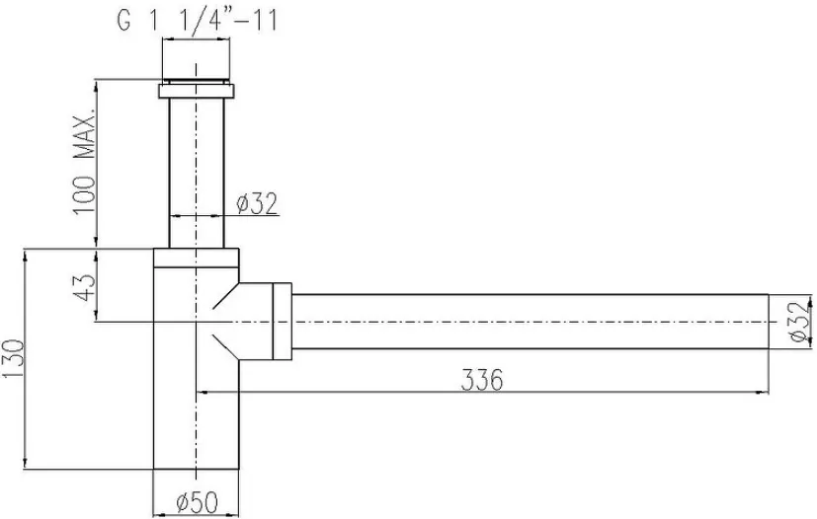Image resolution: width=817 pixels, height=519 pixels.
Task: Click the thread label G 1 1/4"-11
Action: (198, 21)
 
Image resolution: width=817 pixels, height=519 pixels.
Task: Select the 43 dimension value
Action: (84, 287)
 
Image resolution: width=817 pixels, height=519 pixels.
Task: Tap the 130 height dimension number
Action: (13, 359)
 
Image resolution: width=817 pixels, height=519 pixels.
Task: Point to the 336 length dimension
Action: (482, 380)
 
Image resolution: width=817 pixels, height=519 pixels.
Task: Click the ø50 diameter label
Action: (197, 502)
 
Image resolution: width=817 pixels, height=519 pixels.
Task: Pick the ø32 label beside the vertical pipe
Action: (257, 203)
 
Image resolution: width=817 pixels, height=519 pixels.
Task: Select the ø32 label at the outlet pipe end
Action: (801, 322)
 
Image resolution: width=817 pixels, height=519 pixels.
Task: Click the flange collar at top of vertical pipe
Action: (197, 91)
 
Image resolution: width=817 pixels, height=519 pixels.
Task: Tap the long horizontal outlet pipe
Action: (530, 322)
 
